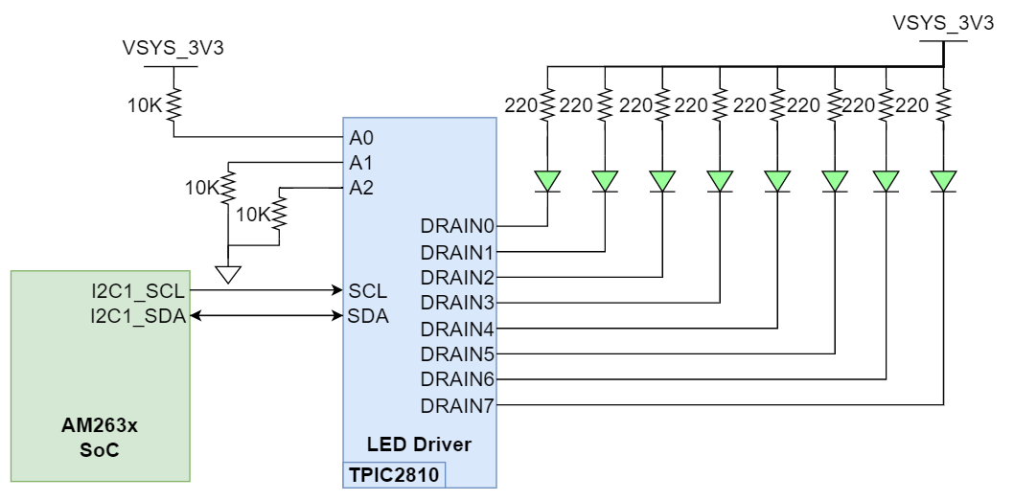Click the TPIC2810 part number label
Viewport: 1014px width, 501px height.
[x=394, y=474]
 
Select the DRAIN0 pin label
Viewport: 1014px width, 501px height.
[x=456, y=227]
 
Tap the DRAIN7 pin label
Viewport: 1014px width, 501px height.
[x=456, y=405]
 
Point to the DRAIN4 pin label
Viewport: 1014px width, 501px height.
[x=456, y=329]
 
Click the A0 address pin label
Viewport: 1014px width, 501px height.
[x=360, y=137]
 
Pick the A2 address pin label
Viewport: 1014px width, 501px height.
[x=360, y=187]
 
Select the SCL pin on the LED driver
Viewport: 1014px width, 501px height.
[x=367, y=289]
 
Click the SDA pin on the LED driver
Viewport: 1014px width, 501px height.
[x=368, y=315]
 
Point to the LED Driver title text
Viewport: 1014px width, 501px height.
[x=419, y=444]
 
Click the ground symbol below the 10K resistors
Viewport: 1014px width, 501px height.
[x=227, y=275]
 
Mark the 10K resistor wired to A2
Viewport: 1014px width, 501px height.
[x=279, y=213]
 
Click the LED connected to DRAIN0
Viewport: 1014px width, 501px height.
[x=547, y=180]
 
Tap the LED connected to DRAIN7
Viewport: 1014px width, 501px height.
[x=943, y=180]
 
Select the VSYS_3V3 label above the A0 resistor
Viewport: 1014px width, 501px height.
[x=173, y=48]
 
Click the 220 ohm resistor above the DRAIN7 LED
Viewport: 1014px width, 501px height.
[x=943, y=104]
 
